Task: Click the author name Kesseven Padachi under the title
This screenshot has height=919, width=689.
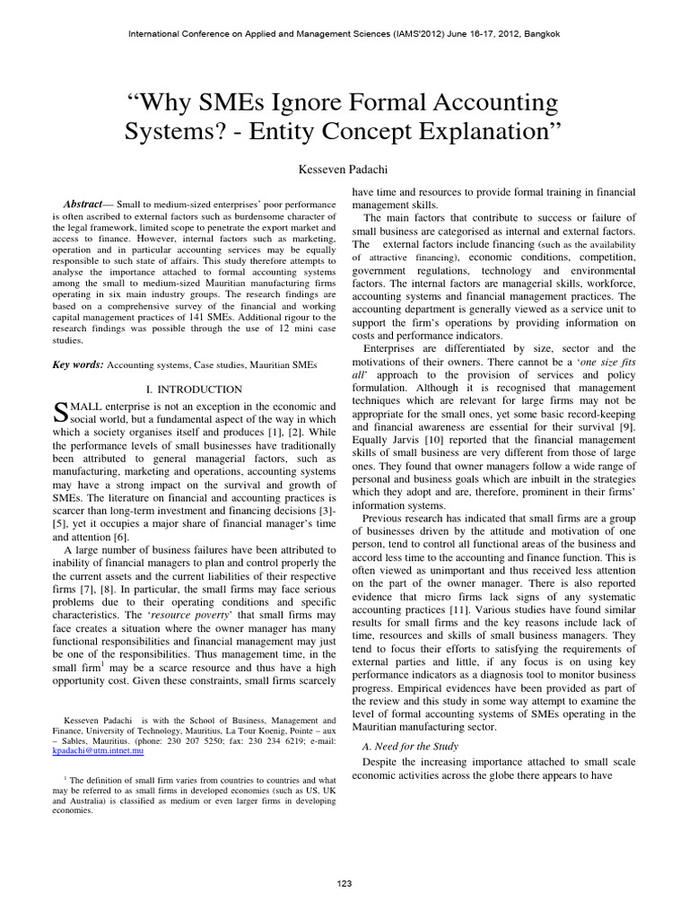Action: pos(344,169)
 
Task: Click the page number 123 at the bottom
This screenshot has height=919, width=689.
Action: pos(344,883)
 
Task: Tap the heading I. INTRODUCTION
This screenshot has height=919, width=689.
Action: pos(194,389)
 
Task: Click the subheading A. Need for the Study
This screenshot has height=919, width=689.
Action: pos(409,746)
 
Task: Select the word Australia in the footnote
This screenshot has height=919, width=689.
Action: pos(91,801)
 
